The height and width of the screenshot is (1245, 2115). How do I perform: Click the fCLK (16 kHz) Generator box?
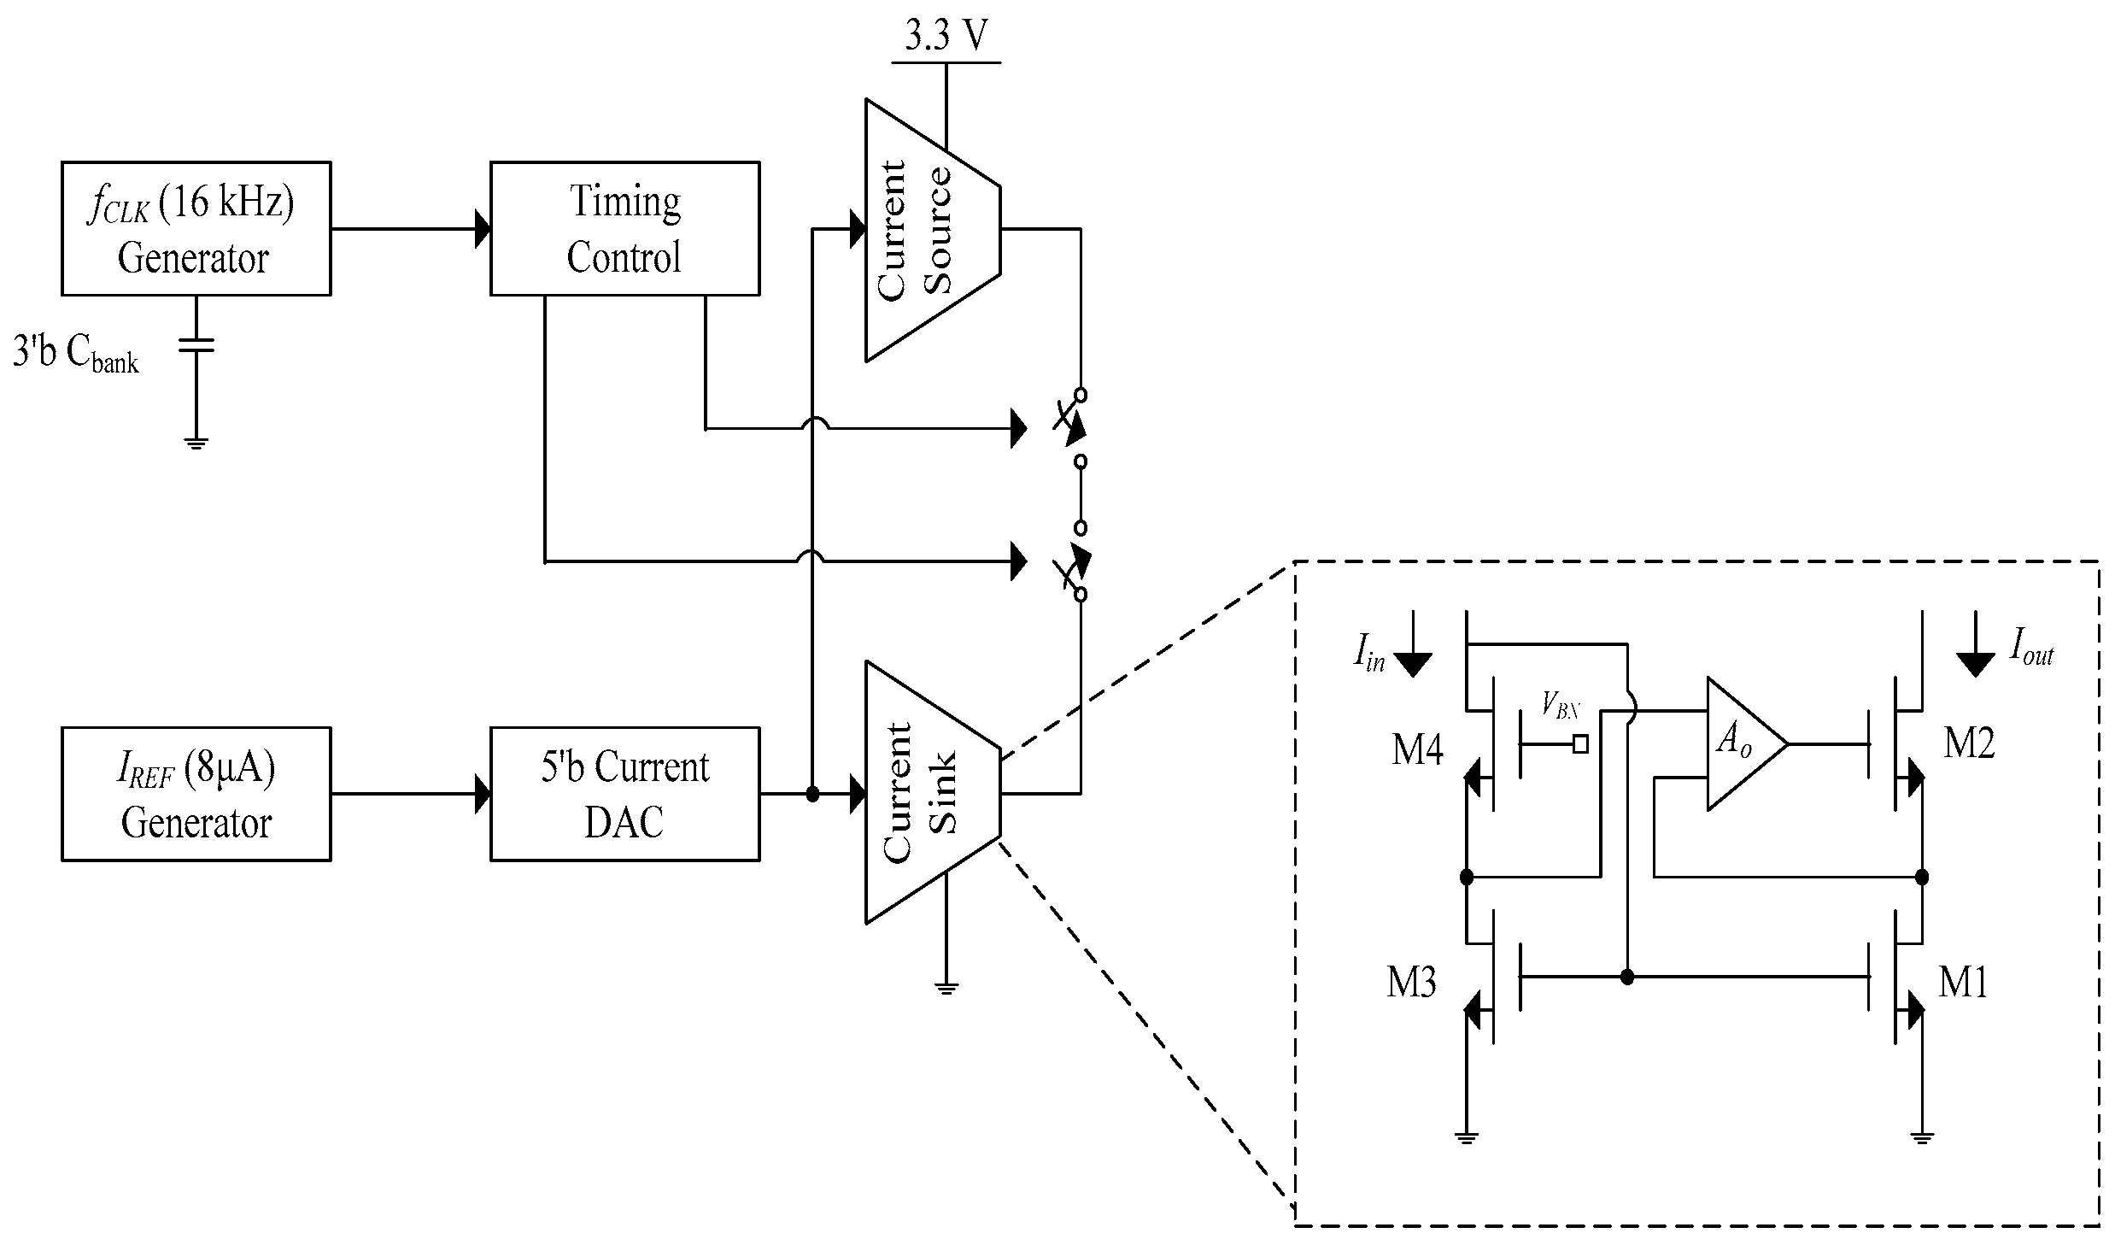pos(196,228)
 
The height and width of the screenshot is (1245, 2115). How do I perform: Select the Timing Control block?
pos(624,228)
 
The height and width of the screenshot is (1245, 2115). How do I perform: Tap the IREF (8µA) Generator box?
pos(196,794)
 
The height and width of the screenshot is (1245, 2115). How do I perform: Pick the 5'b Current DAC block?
pos(624,794)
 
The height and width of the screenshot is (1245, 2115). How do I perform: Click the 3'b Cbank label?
pos(75,353)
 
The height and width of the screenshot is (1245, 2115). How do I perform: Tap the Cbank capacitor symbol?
pos(196,344)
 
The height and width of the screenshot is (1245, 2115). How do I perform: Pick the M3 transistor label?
pos(1411,983)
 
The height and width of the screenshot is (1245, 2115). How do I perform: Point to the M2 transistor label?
pos(1969,743)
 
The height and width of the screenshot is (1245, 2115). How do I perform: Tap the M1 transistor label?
pos(1964,983)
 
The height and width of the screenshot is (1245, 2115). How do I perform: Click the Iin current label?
pos(1369,654)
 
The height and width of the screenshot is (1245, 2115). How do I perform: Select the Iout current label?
pos(2031,646)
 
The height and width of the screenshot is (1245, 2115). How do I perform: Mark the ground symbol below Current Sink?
pos(946,989)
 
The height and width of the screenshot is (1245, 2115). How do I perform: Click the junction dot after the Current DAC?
pos(812,795)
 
